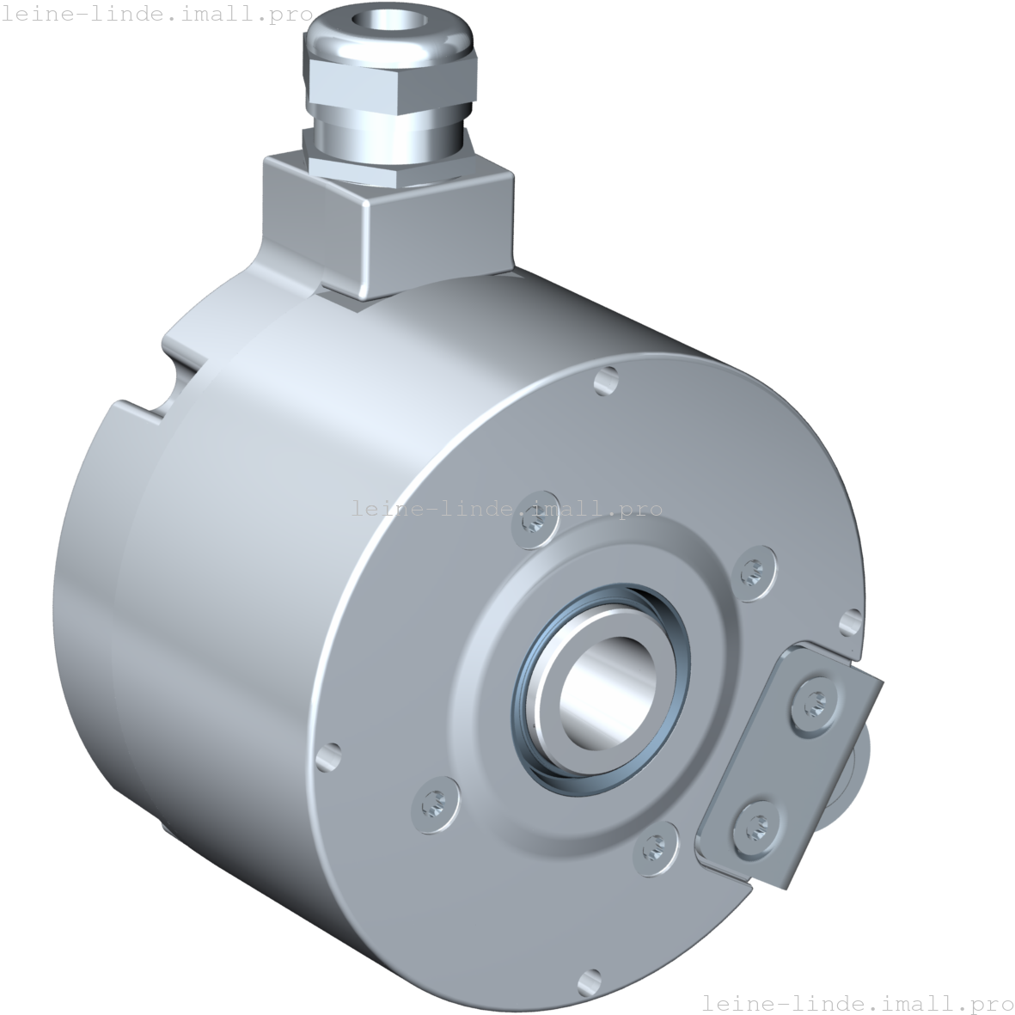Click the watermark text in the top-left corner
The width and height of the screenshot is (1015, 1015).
point(156,15)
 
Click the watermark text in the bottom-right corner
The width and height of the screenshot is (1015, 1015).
point(857,1002)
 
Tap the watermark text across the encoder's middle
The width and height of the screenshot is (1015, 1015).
point(506,509)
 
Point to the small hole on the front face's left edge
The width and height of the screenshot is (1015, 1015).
point(327,756)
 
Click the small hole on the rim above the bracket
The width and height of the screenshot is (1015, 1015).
point(852,620)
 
